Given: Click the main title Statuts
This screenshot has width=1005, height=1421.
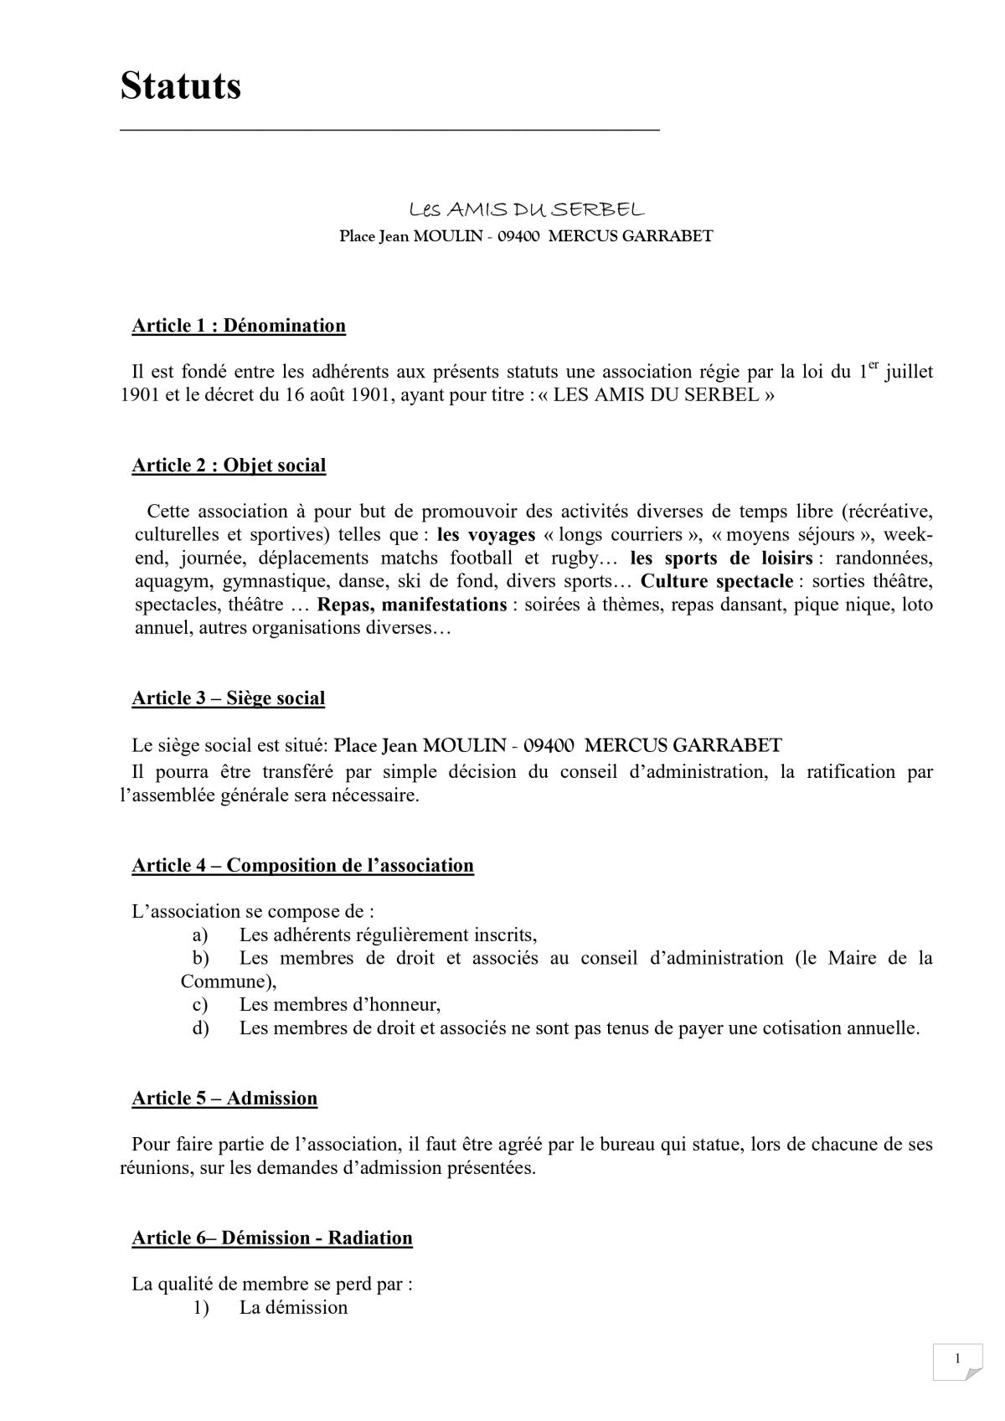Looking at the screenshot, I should click(180, 86).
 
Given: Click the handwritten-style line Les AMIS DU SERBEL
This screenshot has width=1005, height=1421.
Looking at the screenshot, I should click(526, 209).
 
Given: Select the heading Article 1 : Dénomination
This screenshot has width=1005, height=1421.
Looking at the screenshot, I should click(239, 326).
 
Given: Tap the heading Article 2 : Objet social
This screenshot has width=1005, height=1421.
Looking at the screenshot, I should click(229, 466).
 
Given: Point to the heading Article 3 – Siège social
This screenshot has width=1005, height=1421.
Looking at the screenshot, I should click(228, 698).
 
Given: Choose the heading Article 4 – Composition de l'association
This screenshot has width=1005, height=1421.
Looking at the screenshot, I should click(302, 865).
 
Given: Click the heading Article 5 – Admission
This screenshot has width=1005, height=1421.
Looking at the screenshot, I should click(224, 1098).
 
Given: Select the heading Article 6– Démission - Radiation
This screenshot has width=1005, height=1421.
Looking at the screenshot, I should click(271, 1238).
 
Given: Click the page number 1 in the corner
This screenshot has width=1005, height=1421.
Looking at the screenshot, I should click(956, 1359).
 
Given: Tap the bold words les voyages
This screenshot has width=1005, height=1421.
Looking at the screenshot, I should click(486, 535).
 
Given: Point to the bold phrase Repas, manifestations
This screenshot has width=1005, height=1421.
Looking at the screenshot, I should click(412, 605).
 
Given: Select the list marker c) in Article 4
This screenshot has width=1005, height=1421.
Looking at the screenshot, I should click(200, 1004).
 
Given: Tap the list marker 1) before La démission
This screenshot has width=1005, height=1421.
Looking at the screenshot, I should click(200, 1307).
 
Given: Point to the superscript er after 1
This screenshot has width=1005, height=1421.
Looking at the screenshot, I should click(874, 365).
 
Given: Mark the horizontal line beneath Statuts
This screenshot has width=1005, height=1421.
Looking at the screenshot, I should click(389, 130).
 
